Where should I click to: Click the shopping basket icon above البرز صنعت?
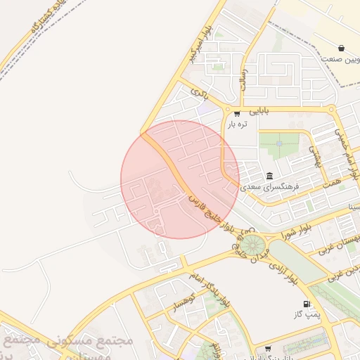coord(341,49)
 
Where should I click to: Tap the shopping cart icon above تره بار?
coord(237,113)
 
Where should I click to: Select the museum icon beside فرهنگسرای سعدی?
coord(269,176)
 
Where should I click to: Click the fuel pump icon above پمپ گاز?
coord(306,304)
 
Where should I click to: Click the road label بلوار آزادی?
coord(281,270)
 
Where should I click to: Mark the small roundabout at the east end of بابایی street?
coord(331,109)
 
